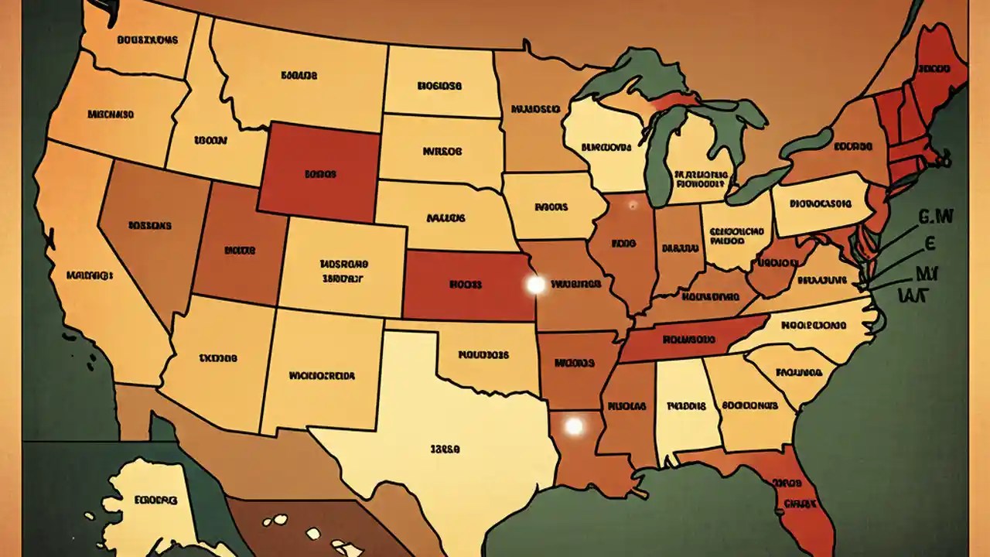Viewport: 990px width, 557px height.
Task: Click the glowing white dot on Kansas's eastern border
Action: click(535, 285)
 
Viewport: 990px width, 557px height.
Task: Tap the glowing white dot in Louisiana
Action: click(573, 426)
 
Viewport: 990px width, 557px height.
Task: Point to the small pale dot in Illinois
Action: click(633, 205)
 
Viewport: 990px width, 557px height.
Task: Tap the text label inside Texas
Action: click(445, 448)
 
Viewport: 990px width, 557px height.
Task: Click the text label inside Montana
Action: click(299, 76)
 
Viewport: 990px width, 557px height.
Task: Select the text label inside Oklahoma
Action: click(483, 355)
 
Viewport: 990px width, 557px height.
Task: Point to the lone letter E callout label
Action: click(930, 244)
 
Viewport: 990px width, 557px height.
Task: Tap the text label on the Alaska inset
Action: click(155, 501)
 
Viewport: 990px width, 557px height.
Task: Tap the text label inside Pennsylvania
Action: click(821, 204)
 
